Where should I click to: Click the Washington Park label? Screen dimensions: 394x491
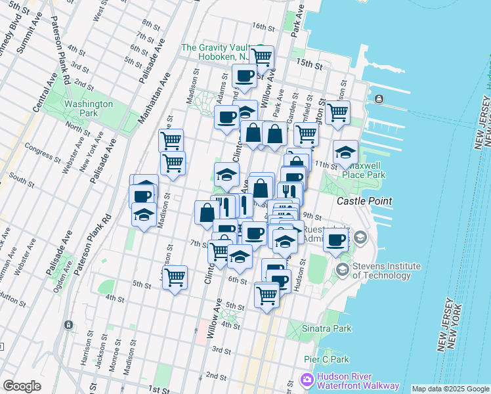tap(89, 108)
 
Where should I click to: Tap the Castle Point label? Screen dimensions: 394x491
tap(364, 200)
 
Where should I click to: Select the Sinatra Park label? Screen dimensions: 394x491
tap(324, 328)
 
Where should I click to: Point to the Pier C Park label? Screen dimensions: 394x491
tap(326, 359)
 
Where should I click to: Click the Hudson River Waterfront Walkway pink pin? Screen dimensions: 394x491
tap(307, 380)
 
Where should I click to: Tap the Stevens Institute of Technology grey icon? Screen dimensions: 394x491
tap(342, 269)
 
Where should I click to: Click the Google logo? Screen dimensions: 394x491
tap(22, 386)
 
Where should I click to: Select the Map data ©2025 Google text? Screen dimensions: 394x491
tap(450, 389)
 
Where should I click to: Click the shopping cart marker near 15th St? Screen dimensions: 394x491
tap(262, 57)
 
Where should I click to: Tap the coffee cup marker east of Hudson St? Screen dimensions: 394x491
tap(336, 241)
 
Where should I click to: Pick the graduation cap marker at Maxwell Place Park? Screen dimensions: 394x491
tap(345, 153)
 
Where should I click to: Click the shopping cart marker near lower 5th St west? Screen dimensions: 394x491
tap(175, 278)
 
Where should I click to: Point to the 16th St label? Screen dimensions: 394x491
tap(263, 26)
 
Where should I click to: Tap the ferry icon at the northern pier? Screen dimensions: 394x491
tap(378, 99)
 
